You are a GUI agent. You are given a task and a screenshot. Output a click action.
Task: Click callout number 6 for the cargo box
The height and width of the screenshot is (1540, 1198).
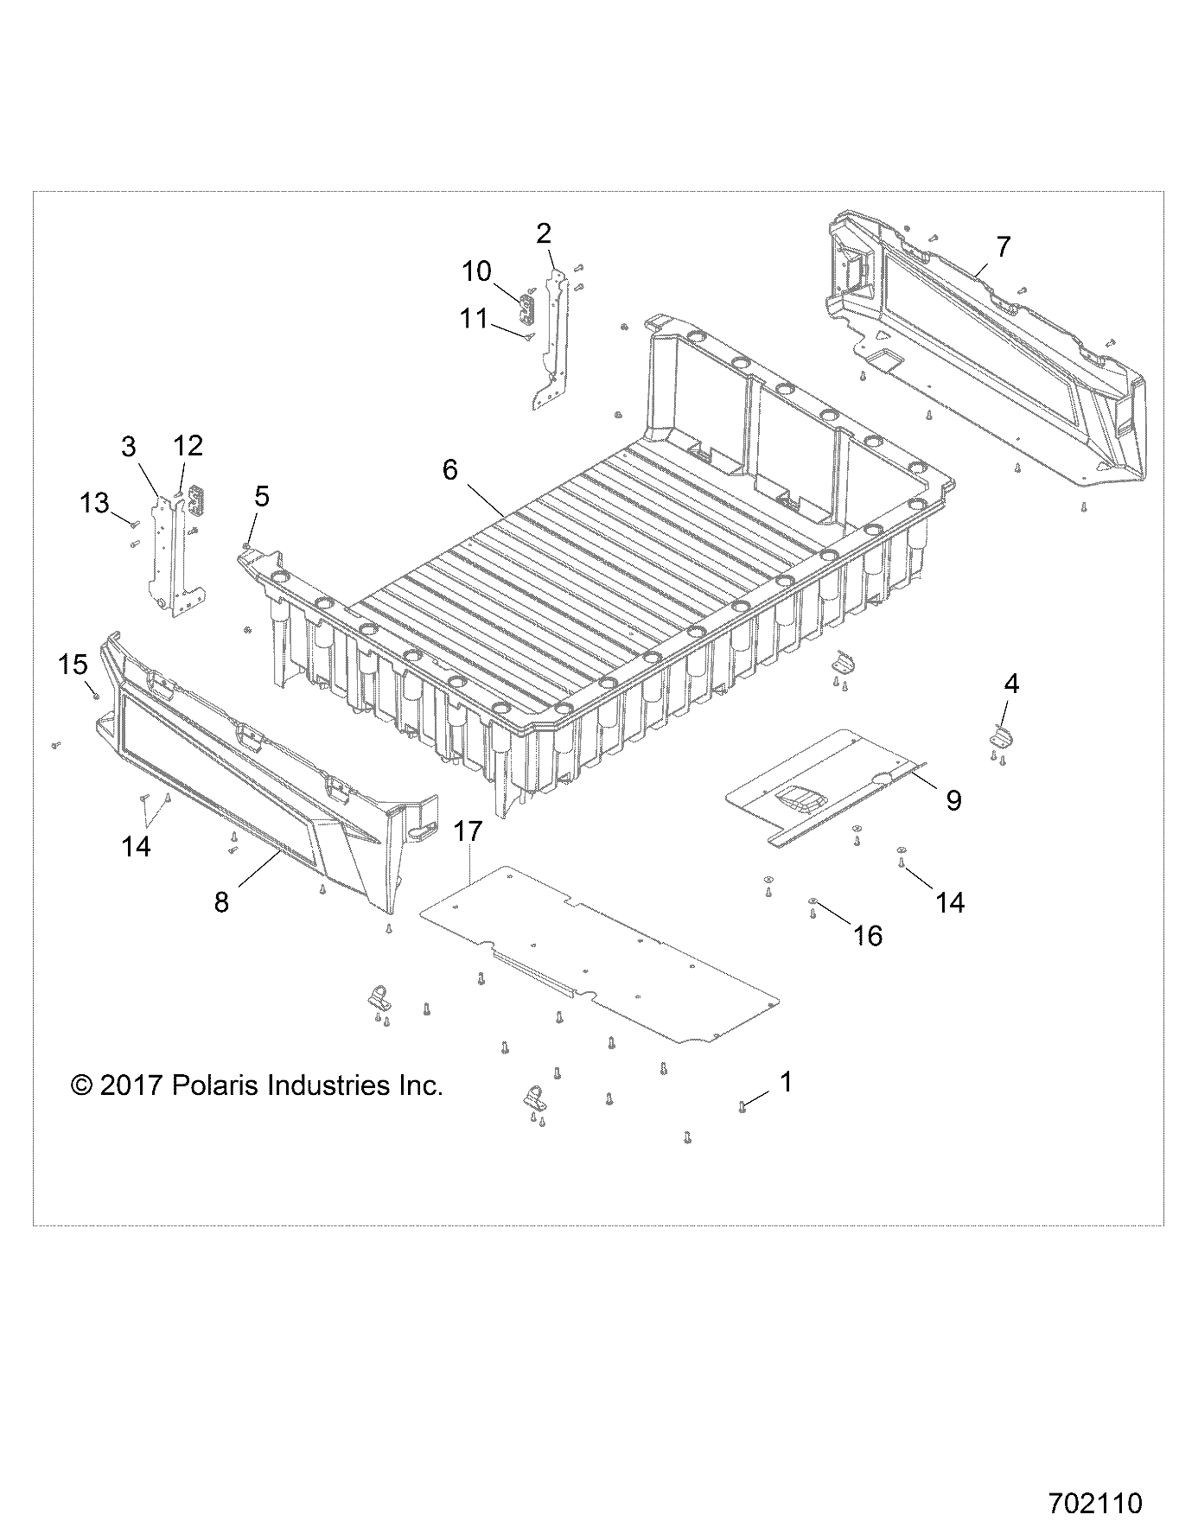449,470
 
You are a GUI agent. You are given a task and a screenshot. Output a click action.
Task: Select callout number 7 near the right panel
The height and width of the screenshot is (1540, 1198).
1002,247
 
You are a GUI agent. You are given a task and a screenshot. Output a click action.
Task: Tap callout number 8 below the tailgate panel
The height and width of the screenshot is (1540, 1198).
221,903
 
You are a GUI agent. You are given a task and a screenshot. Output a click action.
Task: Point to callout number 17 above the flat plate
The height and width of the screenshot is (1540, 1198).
467,832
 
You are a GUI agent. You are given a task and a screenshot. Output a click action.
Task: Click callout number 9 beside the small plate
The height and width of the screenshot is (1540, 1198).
953,800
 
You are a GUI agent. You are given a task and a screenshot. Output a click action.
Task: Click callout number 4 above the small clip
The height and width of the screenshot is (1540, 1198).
1010,684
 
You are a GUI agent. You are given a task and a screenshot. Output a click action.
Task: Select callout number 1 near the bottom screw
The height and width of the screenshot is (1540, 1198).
786,1081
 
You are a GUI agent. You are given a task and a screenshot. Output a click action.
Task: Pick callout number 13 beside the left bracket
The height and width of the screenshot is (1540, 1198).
95,502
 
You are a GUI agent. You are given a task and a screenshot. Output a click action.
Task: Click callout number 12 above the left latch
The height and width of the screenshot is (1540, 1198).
188,446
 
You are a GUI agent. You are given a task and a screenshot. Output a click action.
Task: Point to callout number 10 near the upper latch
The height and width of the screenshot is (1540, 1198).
476,271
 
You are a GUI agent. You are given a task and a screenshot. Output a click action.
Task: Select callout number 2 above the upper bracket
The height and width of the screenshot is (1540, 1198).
544,233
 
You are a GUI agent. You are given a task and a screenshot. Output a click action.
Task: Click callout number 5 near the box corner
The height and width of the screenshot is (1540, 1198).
261,496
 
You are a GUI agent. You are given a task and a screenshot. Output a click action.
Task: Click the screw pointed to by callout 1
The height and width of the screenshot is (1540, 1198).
742,1106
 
